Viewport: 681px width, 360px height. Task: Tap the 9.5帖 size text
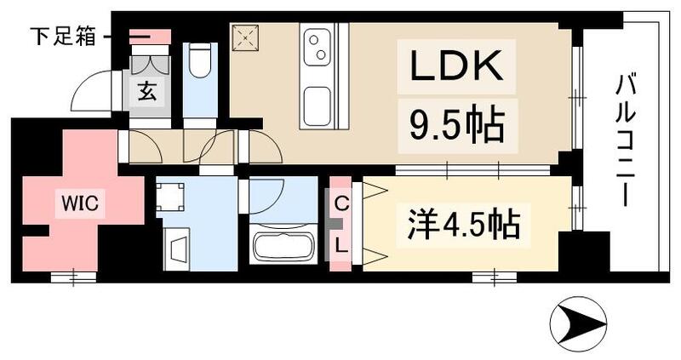(x=455, y=127)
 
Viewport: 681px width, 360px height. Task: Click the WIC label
(x=79, y=203)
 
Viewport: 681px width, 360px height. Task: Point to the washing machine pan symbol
(x=172, y=197)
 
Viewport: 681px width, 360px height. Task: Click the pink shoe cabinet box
(x=150, y=37)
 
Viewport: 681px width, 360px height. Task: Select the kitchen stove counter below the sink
(x=318, y=103)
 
